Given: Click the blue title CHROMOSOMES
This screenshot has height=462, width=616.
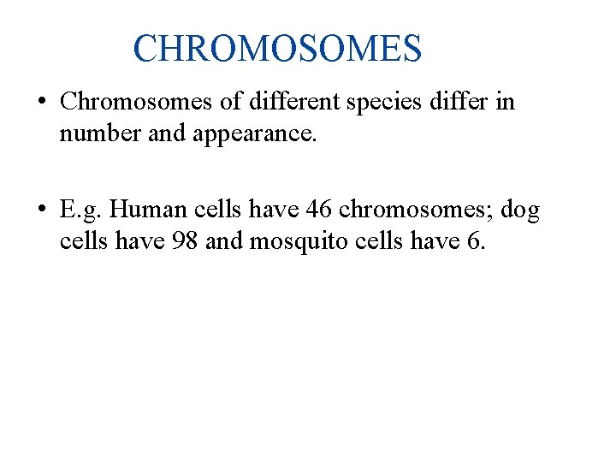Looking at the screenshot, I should (x=277, y=49).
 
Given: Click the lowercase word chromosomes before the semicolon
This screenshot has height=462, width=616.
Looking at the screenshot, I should (x=413, y=210).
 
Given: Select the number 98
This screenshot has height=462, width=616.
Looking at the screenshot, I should (x=183, y=242).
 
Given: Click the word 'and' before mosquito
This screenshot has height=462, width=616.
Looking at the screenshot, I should (x=225, y=242).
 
